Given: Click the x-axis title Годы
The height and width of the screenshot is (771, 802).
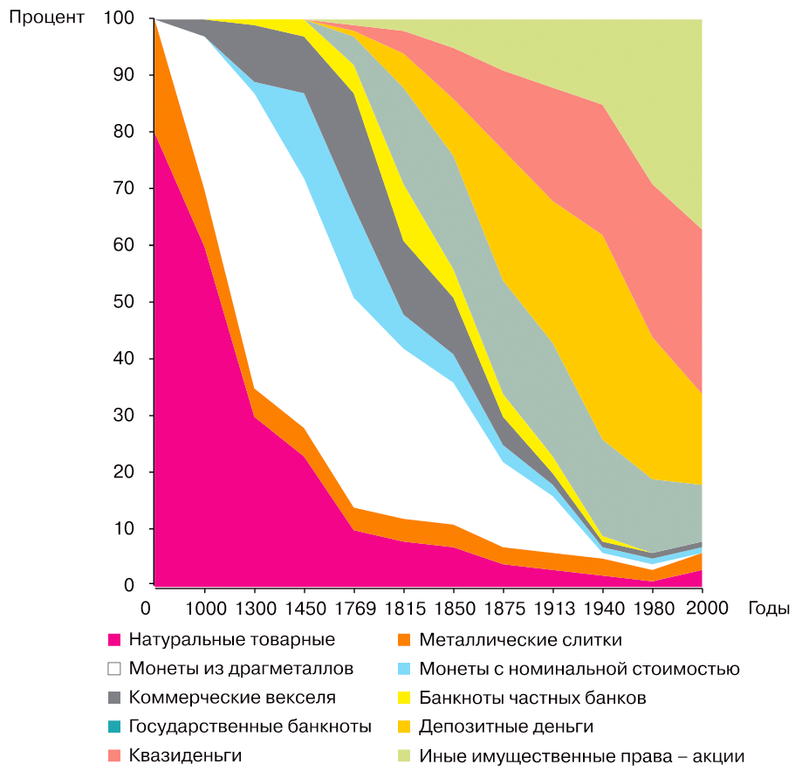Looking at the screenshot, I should pos(768,609).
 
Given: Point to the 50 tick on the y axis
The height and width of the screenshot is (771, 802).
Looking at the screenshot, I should pos(129,302).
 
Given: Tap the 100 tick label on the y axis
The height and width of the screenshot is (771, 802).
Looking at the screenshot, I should pos(124,18).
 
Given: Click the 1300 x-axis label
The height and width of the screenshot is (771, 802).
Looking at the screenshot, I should pos(254,609).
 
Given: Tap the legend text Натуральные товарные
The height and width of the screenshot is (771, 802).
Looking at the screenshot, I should pos(231,640).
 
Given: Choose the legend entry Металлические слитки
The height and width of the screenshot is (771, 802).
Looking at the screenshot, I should pos(520,640).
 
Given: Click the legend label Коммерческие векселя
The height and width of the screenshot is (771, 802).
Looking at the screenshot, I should pos(232,698).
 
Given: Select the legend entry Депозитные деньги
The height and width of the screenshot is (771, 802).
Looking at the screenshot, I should pos(506,726).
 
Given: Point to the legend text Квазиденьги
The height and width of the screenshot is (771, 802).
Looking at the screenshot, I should pos(185,755).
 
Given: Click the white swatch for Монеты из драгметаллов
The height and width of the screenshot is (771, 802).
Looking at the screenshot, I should pos(113,670).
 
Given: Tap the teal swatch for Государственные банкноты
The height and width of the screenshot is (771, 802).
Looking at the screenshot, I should pos(113,726).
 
